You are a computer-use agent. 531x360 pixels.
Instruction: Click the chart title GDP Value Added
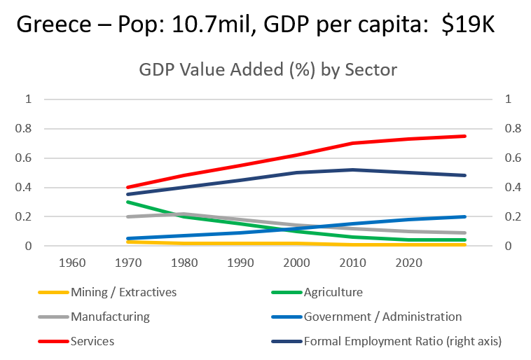(267, 70)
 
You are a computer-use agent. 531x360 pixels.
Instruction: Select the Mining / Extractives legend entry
(123, 292)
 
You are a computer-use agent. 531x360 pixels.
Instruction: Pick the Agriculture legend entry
(333, 292)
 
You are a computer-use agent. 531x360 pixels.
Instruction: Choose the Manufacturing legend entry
(110, 317)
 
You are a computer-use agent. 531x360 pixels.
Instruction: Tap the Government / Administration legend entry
(382, 317)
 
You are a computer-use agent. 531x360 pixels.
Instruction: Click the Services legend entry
(92, 341)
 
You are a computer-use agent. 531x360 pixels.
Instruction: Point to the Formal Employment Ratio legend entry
(403, 341)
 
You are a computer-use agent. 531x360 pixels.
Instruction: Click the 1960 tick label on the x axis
(73, 263)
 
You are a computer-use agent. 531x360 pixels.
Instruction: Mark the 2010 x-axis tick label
(353, 263)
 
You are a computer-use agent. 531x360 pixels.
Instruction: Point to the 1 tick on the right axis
(508, 99)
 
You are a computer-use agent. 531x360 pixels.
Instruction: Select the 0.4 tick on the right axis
(513, 188)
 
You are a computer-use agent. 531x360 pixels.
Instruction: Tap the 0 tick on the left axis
(29, 247)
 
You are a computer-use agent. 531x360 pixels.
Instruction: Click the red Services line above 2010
(353, 143)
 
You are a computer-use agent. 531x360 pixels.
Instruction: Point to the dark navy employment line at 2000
(297, 172)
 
